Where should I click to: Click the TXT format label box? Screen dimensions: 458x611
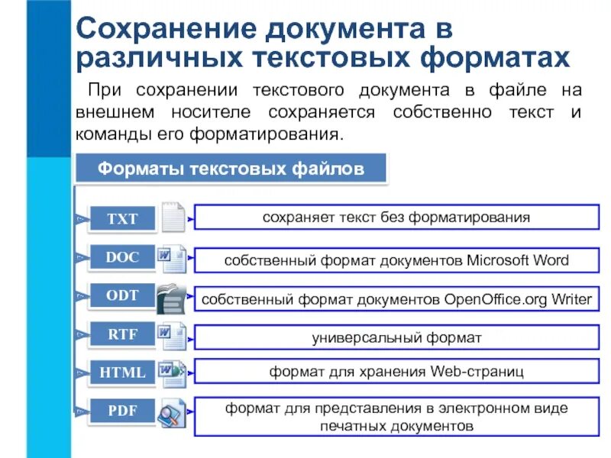point(122,219)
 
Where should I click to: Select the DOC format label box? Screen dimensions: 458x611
point(122,257)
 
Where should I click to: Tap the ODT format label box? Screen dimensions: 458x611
point(122,295)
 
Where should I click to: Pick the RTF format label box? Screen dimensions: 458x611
point(122,334)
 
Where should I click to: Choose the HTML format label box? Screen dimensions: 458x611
point(122,373)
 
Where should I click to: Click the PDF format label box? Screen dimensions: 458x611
point(122,411)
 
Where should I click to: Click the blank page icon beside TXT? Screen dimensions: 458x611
point(173,218)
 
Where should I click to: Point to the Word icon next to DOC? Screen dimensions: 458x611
point(172,259)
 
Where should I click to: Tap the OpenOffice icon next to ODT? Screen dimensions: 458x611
point(170,298)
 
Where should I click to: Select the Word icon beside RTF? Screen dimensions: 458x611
point(172,336)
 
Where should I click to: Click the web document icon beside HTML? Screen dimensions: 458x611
point(172,374)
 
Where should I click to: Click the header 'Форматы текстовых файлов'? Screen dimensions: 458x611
point(231,168)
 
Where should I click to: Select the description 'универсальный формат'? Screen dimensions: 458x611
point(396,337)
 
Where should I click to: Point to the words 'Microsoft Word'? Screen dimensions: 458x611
point(517,260)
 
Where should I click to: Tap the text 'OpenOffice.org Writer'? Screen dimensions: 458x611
point(518,299)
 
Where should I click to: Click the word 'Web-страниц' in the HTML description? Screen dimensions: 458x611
point(477,372)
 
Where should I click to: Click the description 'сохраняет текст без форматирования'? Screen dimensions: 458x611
point(396,218)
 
